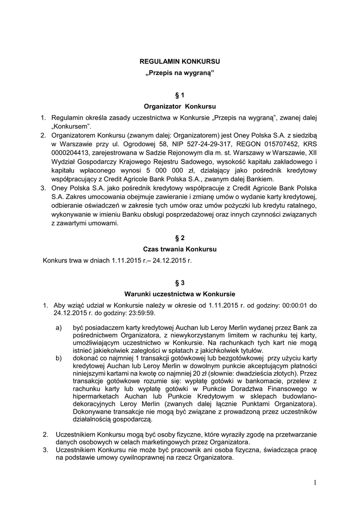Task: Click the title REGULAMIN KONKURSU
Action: click(179, 62)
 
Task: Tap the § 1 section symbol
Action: click(179, 95)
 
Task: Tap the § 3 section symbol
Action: click(179, 283)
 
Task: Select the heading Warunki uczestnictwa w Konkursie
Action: click(179, 294)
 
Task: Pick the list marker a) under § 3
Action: click(59, 328)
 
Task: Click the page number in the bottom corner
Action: click(315, 483)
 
